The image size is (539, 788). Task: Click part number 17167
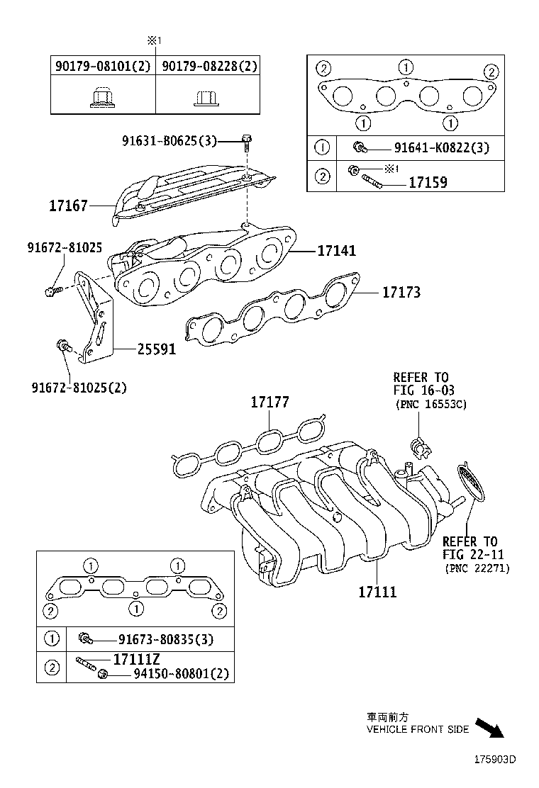click(68, 206)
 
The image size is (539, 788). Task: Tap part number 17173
click(401, 292)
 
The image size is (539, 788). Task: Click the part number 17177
click(269, 403)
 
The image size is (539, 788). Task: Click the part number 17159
click(428, 182)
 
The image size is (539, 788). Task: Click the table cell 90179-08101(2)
click(102, 66)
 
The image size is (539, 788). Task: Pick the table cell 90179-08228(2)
click(209, 66)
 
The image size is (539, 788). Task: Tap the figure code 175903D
click(495, 759)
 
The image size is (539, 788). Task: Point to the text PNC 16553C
click(430, 404)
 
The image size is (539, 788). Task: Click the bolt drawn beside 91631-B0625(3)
click(246, 142)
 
